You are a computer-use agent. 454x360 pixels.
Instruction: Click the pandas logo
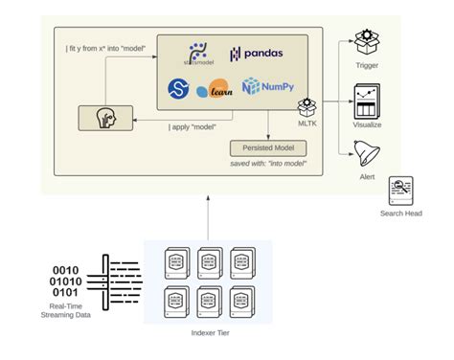pos(256,55)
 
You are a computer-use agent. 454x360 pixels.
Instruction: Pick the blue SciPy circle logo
pos(179,88)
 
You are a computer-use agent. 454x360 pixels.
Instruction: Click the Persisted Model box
pos(268,148)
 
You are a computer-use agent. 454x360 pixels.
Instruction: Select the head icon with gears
pos(105,119)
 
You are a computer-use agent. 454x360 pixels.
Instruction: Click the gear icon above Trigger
pos(367,40)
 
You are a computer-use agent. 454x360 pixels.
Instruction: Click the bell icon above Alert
pos(367,152)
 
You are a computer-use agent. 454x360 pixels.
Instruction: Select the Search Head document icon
pos(400,190)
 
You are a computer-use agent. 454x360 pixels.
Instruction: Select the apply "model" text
pos(191,125)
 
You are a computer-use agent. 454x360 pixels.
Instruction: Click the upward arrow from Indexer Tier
pos(208,215)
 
